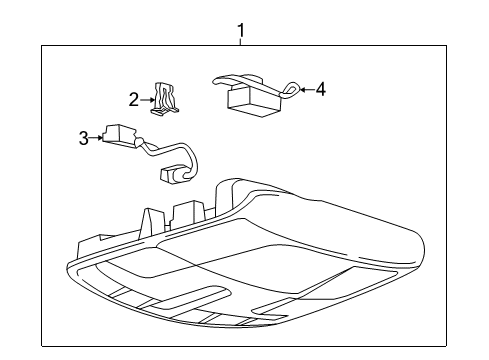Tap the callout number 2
tap(133, 98)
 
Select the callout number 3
tap(84, 137)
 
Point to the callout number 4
tap(320, 90)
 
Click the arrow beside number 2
tap(146, 99)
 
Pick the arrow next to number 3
tap(97, 137)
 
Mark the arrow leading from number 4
tap(306, 90)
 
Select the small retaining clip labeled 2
tap(163, 97)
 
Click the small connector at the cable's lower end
tap(176, 176)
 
